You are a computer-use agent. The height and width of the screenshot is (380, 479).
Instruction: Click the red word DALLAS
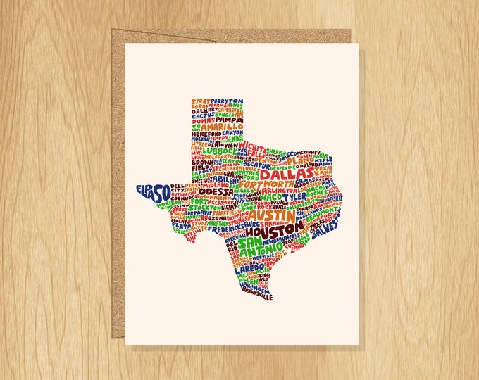pyautogui.click(x=287, y=173)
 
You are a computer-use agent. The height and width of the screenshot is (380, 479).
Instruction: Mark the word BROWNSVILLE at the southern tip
pyautogui.click(x=256, y=297)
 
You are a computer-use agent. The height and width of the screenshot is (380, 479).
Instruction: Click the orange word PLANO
pyautogui.click(x=301, y=160)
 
